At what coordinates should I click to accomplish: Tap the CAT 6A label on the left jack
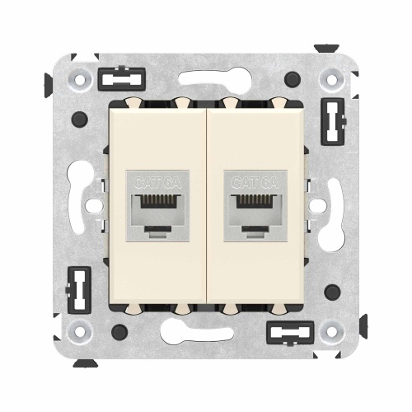pyautogui.click(x=157, y=181)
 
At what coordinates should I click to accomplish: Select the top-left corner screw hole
pyautogui.click(x=81, y=80)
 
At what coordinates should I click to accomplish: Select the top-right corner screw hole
pyautogui.click(x=332, y=80)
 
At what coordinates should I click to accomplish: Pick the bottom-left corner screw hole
pyautogui.click(x=81, y=332)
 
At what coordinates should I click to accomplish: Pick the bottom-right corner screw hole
pyautogui.click(x=332, y=332)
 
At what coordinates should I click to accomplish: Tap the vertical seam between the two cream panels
pyautogui.click(x=205, y=206)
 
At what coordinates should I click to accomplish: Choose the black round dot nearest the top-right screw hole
pyautogui.click(x=292, y=80)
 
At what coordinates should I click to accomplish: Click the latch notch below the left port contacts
pyautogui.click(x=157, y=228)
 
